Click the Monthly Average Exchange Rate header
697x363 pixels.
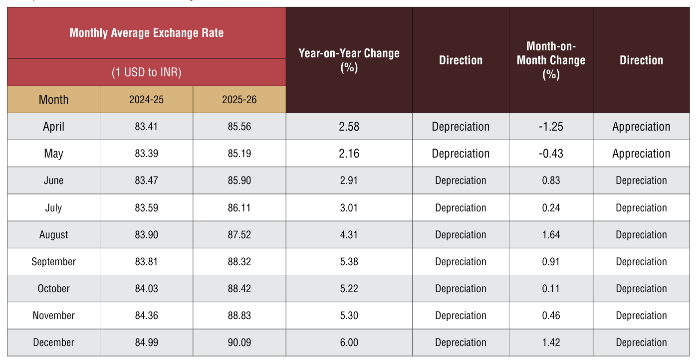[x=146, y=33]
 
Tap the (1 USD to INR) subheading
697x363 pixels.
[x=146, y=72]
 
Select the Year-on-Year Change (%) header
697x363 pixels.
[x=349, y=60]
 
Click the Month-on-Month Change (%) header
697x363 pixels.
[x=551, y=60]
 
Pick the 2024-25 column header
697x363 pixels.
[x=146, y=100]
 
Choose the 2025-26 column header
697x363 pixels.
[x=239, y=100]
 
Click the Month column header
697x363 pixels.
[x=53, y=100]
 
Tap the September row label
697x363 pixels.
[x=53, y=262]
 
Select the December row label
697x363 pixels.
[x=53, y=343]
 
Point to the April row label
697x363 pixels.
[x=53, y=127]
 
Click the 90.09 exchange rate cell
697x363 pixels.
[x=239, y=343]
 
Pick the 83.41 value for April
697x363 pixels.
[x=146, y=127]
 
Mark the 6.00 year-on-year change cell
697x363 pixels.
[x=349, y=343]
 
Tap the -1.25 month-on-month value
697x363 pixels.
[x=551, y=127]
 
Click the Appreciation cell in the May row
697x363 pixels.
[x=641, y=154]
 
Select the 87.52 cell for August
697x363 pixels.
[x=239, y=234]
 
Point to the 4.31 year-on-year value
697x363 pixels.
[x=349, y=234]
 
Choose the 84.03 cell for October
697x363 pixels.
[x=146, y=289]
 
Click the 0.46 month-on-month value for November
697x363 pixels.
[x=551, y=316]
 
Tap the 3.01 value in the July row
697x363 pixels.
[x=349, y=208]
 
